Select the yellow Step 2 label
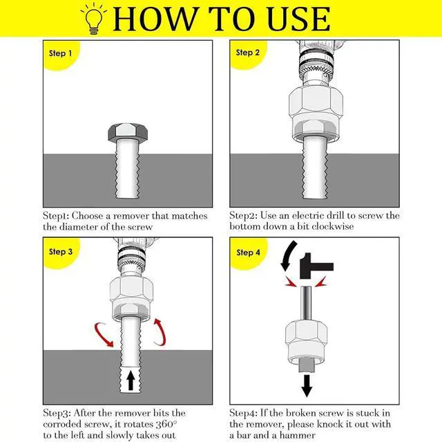(x=248, y=53)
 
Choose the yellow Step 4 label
(x=248, y=252)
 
